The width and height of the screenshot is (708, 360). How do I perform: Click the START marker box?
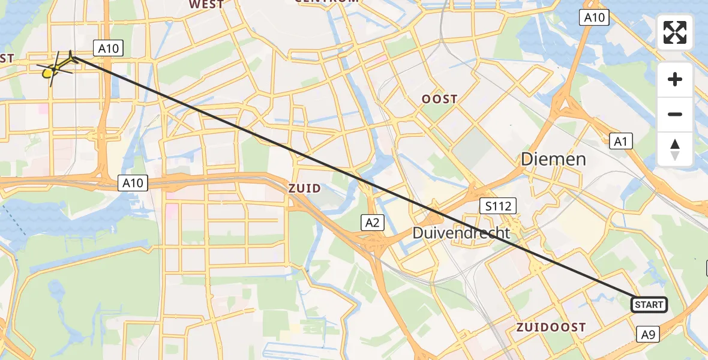(x=649, y=305)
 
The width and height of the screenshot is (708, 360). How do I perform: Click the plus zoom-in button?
(x=675, y=79)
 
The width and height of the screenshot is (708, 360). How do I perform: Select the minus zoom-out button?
(x=675, y=114)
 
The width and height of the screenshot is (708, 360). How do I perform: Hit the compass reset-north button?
(x=675, y=149)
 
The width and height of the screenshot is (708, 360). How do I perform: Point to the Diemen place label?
(x=553, y=159)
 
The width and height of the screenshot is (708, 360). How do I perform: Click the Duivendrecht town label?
(x=461, y=233)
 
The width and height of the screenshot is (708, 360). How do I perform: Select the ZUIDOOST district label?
(x=551, y=327)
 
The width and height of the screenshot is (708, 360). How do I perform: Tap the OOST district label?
(x=439, y=99)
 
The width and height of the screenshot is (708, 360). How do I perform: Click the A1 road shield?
(x=621, y=141)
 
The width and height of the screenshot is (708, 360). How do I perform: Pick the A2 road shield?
(x=373, y=223)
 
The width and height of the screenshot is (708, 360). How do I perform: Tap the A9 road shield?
(x=649, y=334)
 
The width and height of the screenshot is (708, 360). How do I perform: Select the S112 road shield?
(x=498, y=207)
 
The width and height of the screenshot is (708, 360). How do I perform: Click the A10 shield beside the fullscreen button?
(x=595, y=17)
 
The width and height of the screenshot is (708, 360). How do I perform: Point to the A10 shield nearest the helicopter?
(x=107, y=48)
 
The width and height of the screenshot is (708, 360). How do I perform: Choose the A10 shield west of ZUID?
(x=133, y=183)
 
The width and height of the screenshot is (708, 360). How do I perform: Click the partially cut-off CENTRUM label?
(x=326, y=2)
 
